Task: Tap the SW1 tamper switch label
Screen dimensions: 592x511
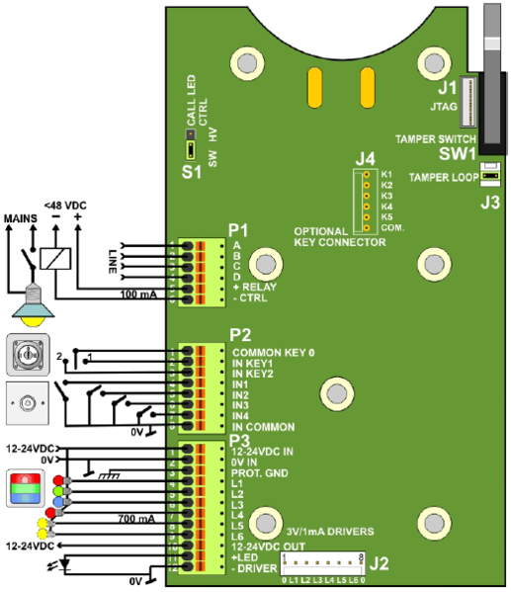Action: coord(458,153)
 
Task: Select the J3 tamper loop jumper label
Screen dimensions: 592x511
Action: coord(488,204)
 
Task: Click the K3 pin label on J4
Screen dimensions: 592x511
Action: coord(386,195)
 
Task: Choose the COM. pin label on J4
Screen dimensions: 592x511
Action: coord(391,227)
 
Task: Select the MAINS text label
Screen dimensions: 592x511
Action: coord(20,213)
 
